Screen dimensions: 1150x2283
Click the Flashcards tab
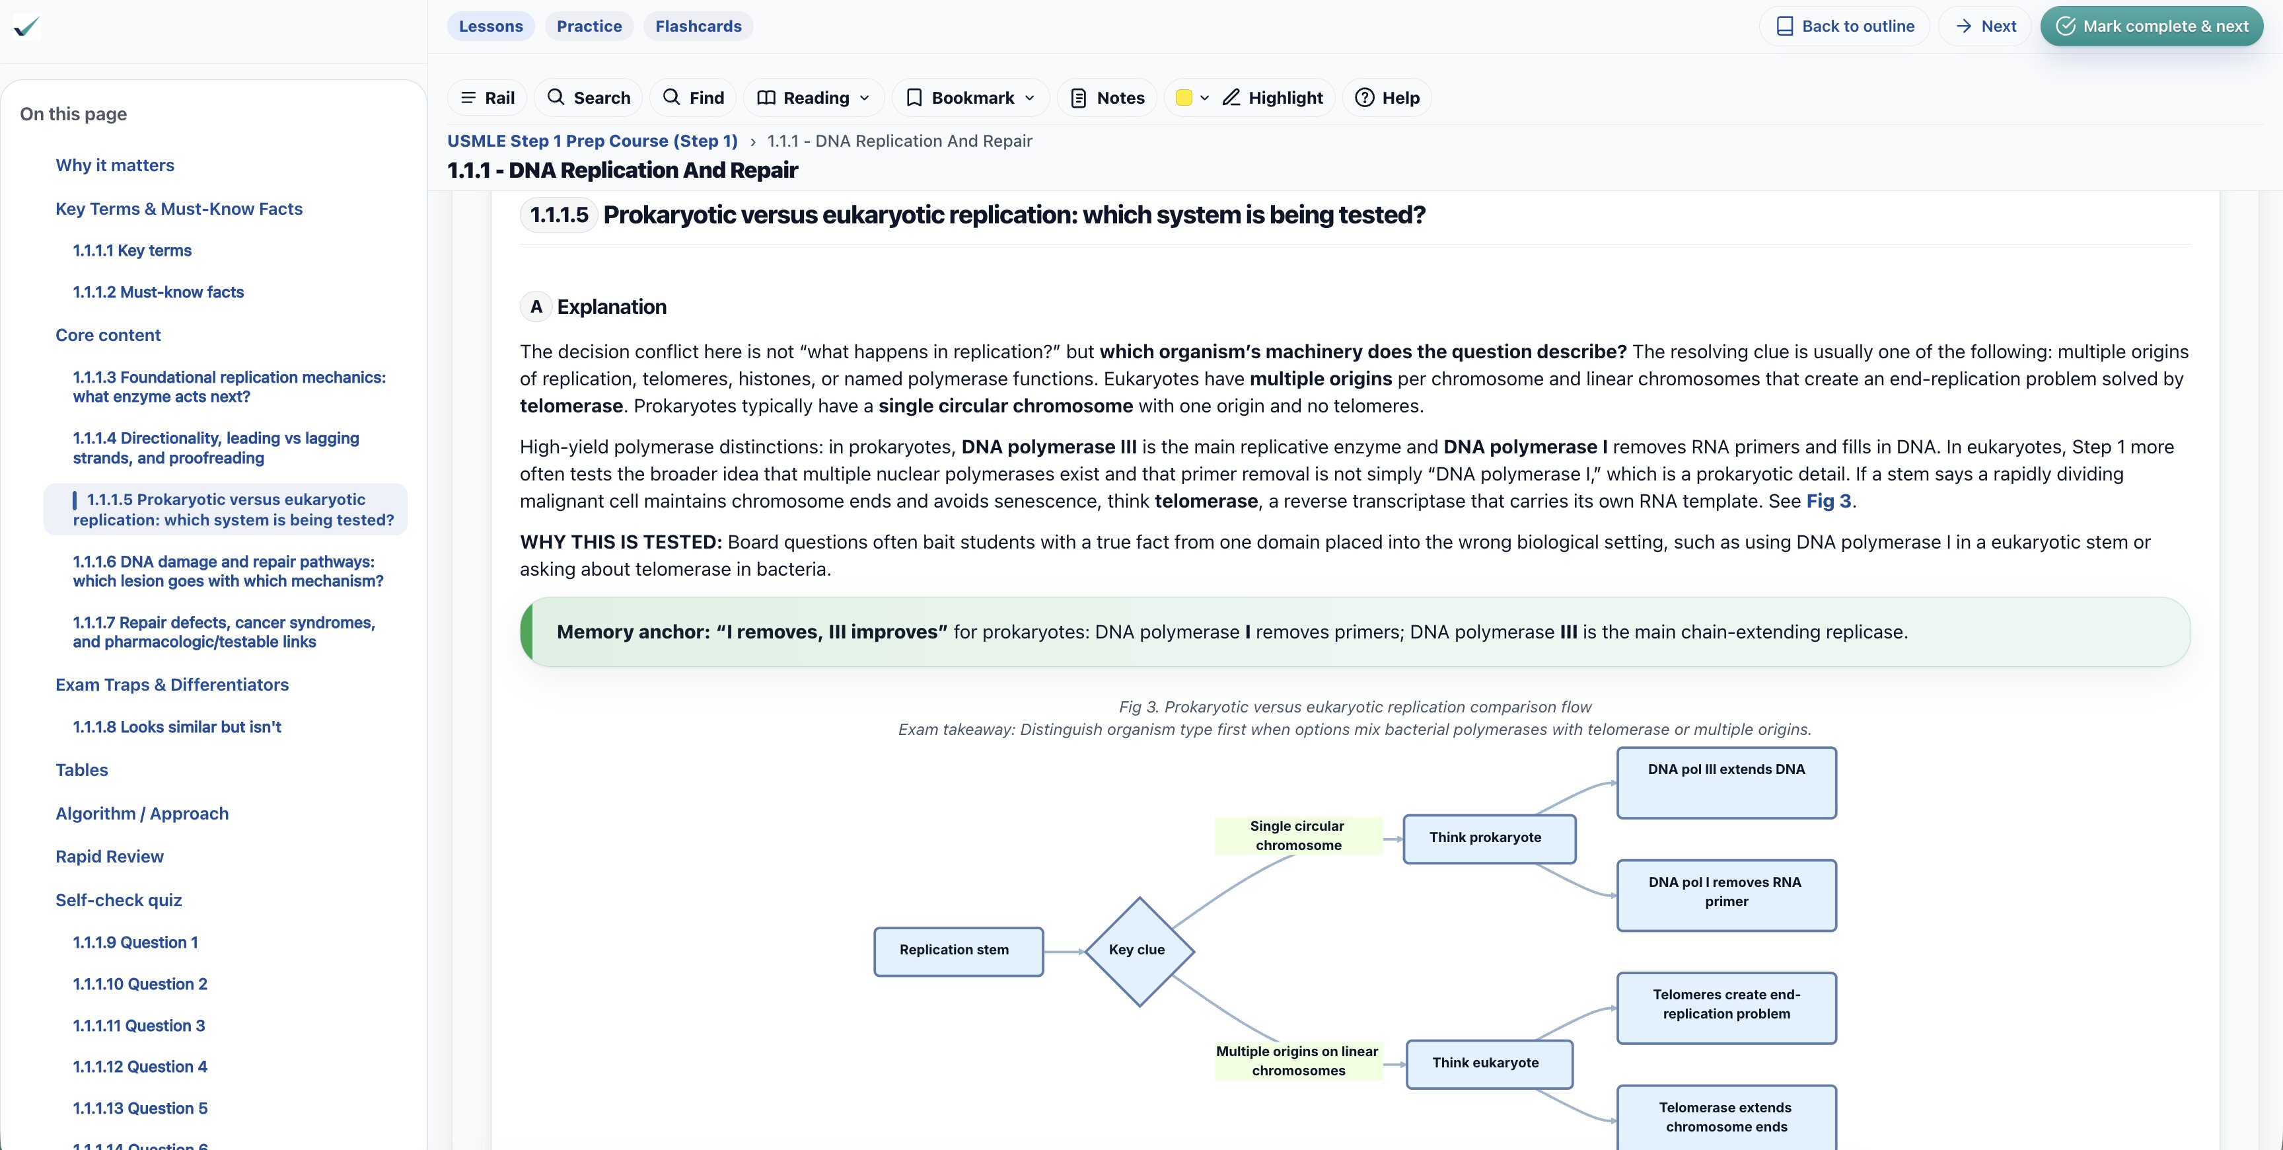pyautogui.click(x=698, y=26)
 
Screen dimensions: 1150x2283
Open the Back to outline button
pyautogui.click(x=1844, y=26)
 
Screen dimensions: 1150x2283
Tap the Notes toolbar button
pyautogui.click(x=1107, y=98)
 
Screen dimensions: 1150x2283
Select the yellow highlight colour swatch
pyautogui.click(x=1183, y=98)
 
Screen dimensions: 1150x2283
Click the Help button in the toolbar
pyautogui.click(x=1387, y=98)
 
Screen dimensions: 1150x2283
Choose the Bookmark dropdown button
pyautogui.click(x=970, y=98)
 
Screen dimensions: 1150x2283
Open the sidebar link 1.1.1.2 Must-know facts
pyautogui.click(x=158, y=291)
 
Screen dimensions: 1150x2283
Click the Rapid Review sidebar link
pyautogui.click(x=109, y=857)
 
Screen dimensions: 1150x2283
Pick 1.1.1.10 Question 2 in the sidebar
pyautogui.click(x=139, y=984)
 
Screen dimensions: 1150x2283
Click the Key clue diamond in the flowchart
pyautogui.click(x=1139, y=950)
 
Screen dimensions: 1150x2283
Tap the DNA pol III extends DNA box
pyautogui.click(x=1725, y=782)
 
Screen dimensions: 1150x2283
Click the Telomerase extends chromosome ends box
pyautogui.click(x=1725, y=1117)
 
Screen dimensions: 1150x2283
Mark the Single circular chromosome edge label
pyautogui.click(x=1297, y=835)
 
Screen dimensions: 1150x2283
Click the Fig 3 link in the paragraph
pyautogui.click(x=1829, y=501)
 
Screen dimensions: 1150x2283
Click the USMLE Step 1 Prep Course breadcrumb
pyautogui.click(x=592, y=141)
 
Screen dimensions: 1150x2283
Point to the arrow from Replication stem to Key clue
pyautogui.click(x=1064, y=951)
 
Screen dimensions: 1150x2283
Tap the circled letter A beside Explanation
pyautogui.click(x=535, y=307)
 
